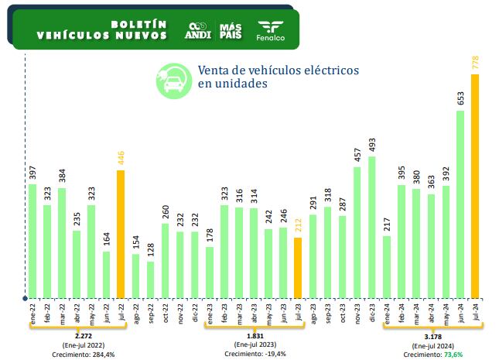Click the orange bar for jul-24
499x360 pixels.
pyautogui.click(x=475, y=186)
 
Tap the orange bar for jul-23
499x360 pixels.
pyautogui.click(x=298, y=268)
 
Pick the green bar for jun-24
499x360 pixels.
pyautogui.click(x=460, y=204)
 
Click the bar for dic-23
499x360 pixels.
pyautogui.click(x=372, y=228)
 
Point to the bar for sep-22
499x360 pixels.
pyautogui.click(x=151, y=279)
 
